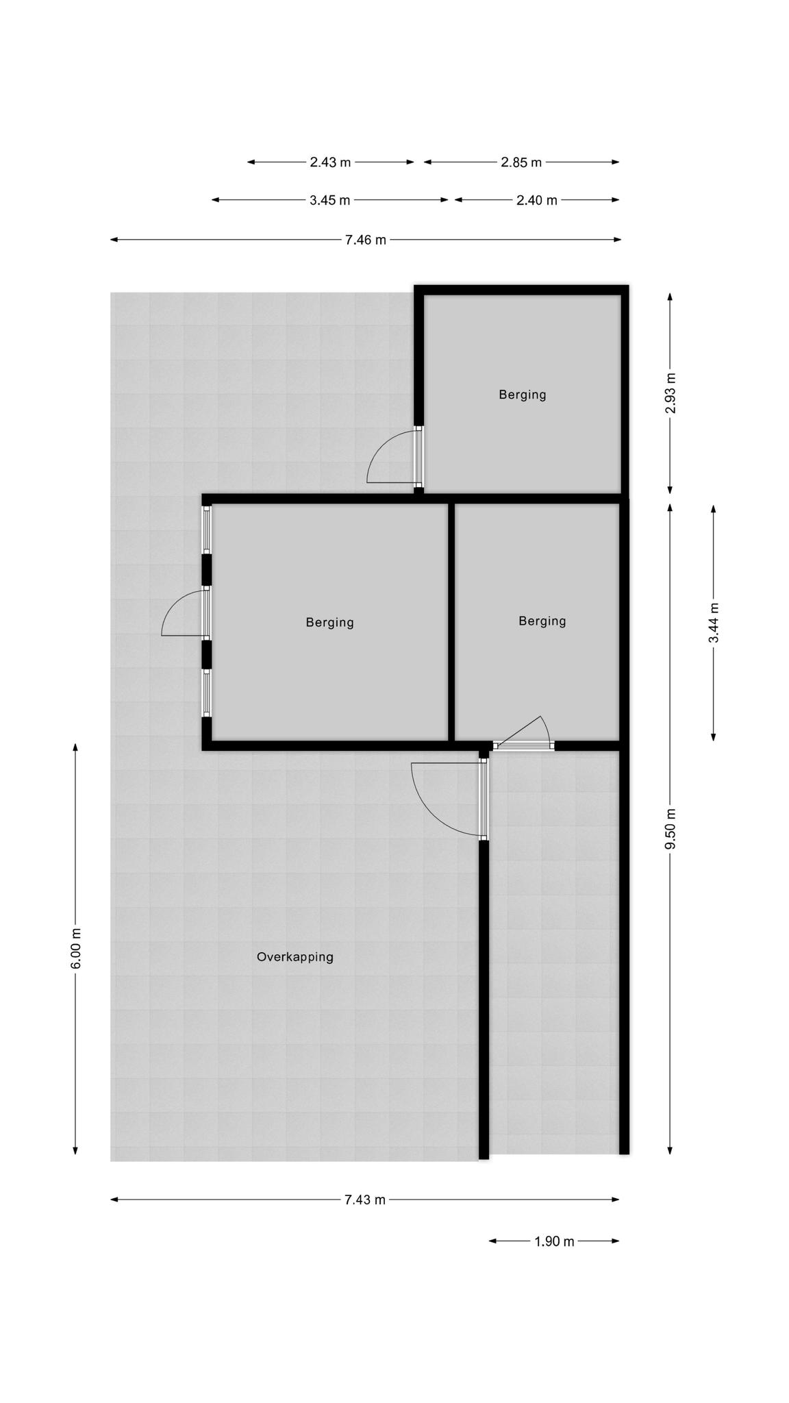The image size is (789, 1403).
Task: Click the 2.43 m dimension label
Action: point(330,162)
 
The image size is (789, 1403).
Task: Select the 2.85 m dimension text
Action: point(521,162)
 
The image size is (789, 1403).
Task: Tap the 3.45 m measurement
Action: point(329,200)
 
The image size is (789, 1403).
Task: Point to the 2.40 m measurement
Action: point(537,200)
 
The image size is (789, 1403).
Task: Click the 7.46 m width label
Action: point(365,240)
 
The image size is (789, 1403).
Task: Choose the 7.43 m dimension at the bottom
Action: point(365,1200)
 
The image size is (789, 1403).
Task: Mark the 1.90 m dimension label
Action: point(554,1241)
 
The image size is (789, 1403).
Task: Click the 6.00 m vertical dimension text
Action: point(76,948)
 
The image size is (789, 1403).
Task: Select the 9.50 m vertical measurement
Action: point(671,829)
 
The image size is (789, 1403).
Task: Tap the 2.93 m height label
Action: point(671,393)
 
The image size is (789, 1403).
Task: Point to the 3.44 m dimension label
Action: point(714,623)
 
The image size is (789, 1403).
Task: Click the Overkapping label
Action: point(295,957)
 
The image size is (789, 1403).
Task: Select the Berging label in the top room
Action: point(523,395)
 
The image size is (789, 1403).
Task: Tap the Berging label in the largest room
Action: point(330,623)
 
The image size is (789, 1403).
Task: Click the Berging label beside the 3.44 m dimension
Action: point(542,621)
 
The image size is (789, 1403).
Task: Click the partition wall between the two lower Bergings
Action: point(451,622)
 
